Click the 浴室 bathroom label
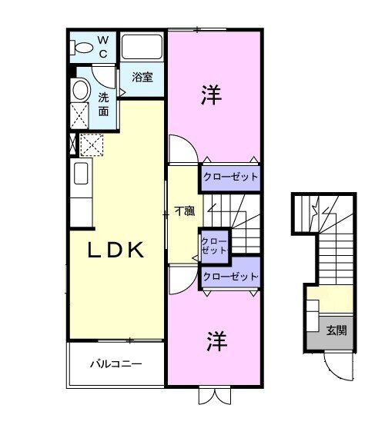pos(141,78)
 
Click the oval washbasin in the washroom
pos(80,91)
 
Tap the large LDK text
pos(116,251)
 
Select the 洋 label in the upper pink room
pos(212,96)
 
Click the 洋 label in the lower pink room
pos(216,341)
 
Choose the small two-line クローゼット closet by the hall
pos(214,245)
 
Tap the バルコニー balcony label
pos(115,363)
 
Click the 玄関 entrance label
pos(336,330)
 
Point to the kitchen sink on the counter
pos(80,173)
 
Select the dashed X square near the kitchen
pos(92,144)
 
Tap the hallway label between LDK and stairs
pos(182,210)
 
